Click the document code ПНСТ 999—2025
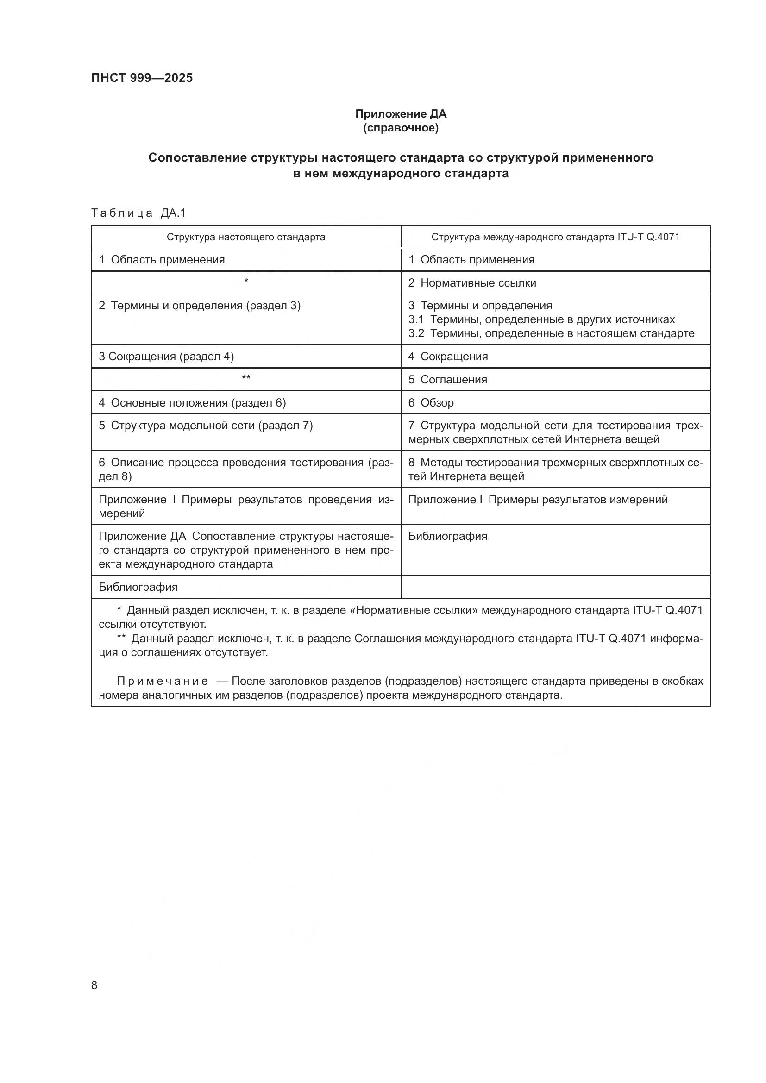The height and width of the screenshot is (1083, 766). pos(142,78)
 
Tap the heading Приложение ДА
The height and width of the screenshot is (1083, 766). pos(401,114)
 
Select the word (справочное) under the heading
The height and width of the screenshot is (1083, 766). pos(401,128)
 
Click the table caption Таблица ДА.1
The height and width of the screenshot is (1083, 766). pos(138,213)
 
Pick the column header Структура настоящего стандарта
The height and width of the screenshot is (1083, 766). pos(246,237)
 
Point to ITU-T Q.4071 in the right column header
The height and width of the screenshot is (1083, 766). pos(648,237)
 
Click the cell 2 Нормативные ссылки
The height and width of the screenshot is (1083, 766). pos(471,282)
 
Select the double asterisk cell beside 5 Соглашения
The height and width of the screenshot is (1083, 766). pos(246,378)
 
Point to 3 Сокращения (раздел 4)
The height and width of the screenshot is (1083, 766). pos(166,356)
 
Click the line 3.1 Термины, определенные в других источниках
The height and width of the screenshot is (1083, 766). pos(541,319)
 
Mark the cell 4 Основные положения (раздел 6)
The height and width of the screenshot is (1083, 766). pos(192,402)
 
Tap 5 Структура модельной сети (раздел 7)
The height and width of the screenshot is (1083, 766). pos(205,426)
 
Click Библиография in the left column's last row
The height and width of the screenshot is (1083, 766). pos(138,587)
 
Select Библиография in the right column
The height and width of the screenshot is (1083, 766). pos(447,536)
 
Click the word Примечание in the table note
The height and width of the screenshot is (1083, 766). pos(162,681)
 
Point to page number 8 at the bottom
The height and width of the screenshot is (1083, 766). pos(94,985)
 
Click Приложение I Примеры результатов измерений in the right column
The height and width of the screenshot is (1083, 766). pos(537,499)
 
